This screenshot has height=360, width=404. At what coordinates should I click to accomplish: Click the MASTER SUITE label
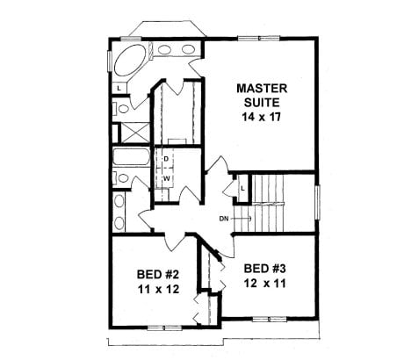click(x=262, y=95)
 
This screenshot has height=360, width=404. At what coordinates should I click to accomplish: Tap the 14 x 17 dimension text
click(x=262, y=117)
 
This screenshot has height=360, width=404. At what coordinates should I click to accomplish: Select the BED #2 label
click(x=158, y=275)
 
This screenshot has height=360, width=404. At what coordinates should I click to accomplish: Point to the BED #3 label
click(x=265, y=269)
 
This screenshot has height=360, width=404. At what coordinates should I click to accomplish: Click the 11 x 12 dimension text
click(x=158, y=289)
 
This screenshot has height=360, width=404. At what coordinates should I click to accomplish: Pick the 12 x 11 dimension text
click(x=265, y=284)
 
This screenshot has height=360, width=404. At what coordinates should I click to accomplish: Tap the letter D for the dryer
click(x=166, y=159)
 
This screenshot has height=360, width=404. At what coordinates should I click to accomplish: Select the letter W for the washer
click(x=166, y=177)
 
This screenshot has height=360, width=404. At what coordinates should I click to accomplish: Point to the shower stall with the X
click(x=134, y=133)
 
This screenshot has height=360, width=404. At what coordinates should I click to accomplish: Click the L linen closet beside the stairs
click(x=242, y=189)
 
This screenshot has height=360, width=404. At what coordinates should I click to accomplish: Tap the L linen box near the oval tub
click(x=119, y=88)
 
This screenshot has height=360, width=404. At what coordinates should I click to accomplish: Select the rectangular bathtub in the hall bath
click(x=131, y=156)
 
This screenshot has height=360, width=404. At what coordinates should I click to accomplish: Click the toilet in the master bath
click(x=122, y=109)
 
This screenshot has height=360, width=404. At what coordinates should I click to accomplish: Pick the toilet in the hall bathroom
click(x=122, y=177)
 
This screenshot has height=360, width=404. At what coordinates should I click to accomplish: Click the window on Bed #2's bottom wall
click(x=164, y=328)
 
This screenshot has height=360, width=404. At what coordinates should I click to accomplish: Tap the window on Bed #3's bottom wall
click(x=270, y=320)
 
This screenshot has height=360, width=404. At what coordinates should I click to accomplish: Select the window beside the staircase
click(x=318, y=202)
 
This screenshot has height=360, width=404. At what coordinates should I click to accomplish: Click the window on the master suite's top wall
click(x=259, y=38)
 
